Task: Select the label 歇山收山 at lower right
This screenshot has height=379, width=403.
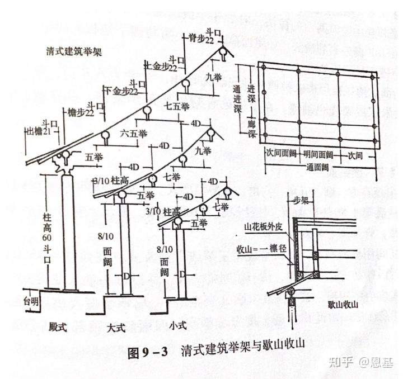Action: (x=343, y=306)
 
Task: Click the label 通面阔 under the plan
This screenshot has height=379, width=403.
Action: (x=322, y=167)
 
